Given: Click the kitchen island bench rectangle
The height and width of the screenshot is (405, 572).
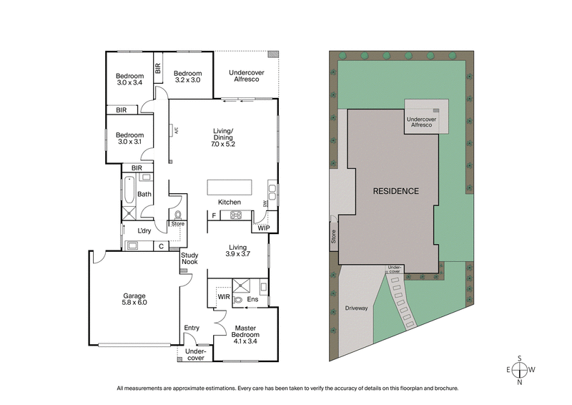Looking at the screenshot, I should point(230,187).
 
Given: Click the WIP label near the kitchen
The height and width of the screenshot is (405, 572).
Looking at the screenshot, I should point(264,228).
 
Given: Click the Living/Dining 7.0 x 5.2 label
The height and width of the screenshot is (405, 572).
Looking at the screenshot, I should point(223,137).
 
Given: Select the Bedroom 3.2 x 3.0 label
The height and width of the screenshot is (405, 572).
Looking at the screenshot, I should point(188,77).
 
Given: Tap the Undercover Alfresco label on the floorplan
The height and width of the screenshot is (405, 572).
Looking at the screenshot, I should point(245,76).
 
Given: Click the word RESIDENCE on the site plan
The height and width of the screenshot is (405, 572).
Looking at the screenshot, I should point(395,191).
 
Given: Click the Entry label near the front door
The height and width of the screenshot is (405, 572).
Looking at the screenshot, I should point(192,328).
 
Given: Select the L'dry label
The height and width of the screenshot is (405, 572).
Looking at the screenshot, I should point(144,230).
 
